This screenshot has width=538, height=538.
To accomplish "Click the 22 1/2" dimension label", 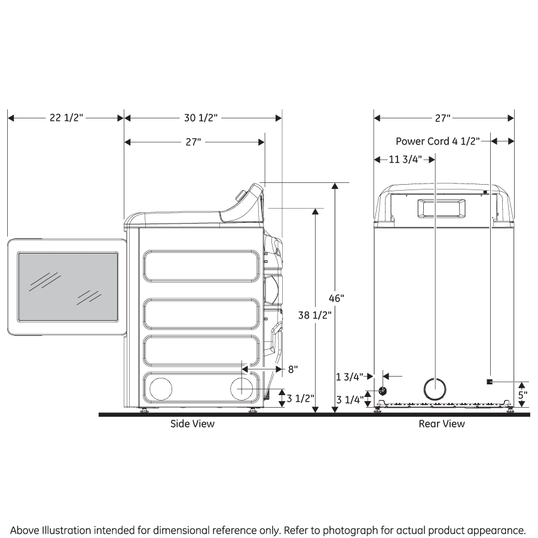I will (x=66, y=118).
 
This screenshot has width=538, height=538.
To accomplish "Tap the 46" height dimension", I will (x=337, y=297).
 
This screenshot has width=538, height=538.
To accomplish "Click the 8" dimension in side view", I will (x=293, y=369).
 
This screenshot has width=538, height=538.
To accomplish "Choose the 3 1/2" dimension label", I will (x=301, y=398).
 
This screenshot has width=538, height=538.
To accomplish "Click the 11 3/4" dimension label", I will (x=405, y=159).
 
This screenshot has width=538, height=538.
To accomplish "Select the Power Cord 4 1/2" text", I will (x=438, y=141).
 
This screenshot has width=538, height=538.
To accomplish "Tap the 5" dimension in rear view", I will (x=522, y=395).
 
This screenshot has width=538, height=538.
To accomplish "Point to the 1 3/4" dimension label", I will (x=349, y=377).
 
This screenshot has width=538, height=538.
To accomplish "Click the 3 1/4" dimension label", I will (x=349, y=399).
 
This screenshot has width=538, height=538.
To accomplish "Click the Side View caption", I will (x=192, y=424).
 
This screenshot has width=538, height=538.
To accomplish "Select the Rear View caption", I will (x=442, y=424).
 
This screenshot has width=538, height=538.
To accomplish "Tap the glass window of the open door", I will (x=68, y=286).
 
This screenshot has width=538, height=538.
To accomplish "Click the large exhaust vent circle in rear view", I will (x=435, y=389).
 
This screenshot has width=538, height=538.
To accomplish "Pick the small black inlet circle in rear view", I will (x=383, y=390).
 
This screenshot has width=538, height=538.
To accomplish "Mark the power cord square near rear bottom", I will (x=490, y=382).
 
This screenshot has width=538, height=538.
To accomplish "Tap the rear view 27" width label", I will (x=442, y=118).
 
